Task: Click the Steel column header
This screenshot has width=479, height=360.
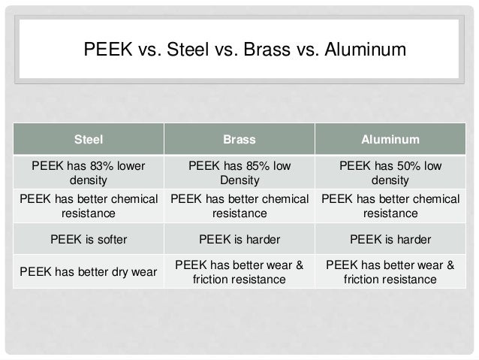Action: pos(89,139)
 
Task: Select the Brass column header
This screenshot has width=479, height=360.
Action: pos(239,139)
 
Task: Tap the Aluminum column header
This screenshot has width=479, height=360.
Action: pos(390,139)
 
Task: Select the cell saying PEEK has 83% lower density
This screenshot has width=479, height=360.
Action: pos(89,173)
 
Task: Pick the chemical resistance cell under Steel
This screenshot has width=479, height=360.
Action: pos(89,206)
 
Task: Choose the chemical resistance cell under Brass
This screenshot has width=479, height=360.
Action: pos(239,206)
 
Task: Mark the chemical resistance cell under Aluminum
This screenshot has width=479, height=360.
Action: pos(390,206)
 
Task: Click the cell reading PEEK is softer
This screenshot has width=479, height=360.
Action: pos(89,240)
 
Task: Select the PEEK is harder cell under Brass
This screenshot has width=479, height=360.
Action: pos(239,240)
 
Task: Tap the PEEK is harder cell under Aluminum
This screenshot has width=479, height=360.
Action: pos(390,240)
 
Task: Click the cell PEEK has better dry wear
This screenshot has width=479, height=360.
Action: pos(89,272)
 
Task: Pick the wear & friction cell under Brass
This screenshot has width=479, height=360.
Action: pos(239,272)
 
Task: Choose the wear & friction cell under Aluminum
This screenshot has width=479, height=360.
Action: pos(390,272)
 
